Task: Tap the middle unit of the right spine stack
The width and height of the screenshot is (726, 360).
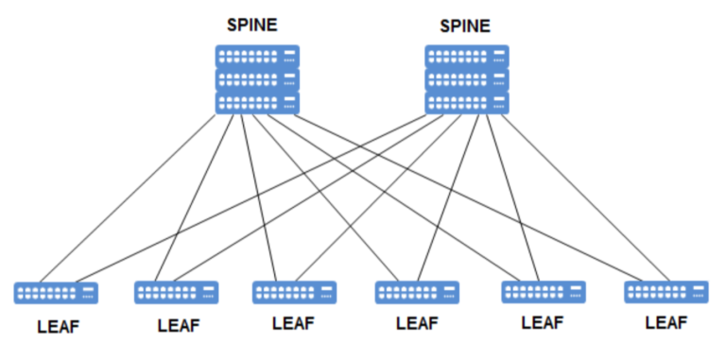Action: [x=467, y=79]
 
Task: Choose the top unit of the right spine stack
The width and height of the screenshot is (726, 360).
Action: [x=467, y=56]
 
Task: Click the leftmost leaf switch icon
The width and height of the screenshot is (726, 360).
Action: [x=56, y=293]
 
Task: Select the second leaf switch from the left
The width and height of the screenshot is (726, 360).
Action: [x=177, y=292]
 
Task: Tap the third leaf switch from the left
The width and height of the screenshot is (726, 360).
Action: [x=294, y=292]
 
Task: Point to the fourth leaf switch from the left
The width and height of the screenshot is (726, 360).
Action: [x=417, y=292]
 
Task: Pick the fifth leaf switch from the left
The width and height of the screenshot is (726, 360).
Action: [x=543, y=292]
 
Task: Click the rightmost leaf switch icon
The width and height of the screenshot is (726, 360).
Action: [x=665, y=292]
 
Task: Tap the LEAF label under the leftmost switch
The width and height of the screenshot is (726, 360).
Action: [x=58, y=328]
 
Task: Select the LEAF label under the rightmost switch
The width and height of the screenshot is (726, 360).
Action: [x=665, y=323]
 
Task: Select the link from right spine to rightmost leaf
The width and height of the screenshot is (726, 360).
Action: [x=577, y=194]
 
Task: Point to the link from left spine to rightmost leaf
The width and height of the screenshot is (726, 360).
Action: [x=473, y=197]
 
